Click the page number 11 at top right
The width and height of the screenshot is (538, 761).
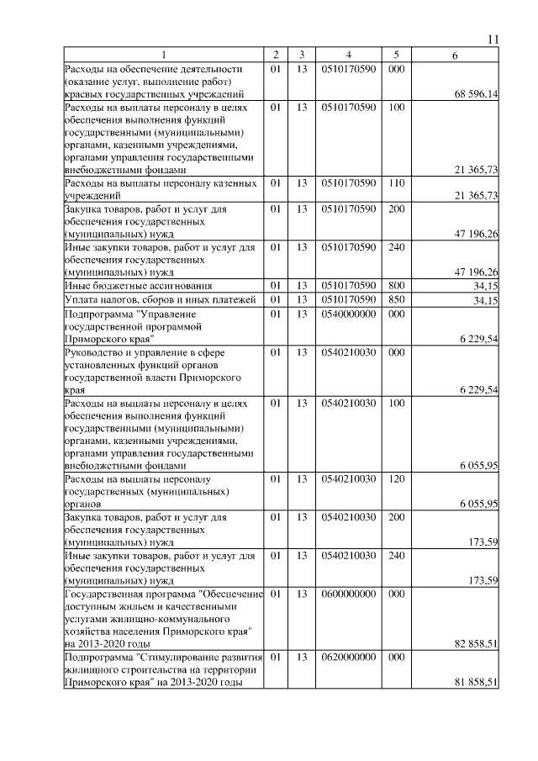click(x=493, y=40)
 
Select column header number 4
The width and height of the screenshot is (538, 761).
click(x=348, y=55)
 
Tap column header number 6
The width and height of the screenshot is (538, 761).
click(x=454, y=55)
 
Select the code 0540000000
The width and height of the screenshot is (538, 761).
click(x=348, y=313)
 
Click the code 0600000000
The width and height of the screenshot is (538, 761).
click(x=348, y=594)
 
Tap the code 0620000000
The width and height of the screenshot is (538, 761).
click(x=348, y=657)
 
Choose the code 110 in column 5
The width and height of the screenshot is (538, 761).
click(x=398, y=182)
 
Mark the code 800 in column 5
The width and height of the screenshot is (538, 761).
click(x=398, y=286)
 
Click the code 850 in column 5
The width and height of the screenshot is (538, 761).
click(x=398, y=299)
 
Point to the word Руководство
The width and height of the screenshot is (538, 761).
click(x=95, y=352)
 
